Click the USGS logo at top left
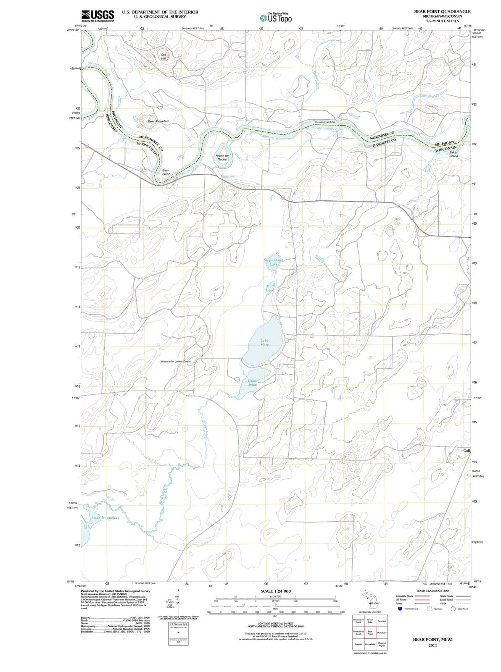point(98,15)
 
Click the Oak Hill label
point(163,57)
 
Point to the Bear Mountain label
point(158,121)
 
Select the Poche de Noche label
point(221,157)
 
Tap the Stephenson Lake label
point(274,262)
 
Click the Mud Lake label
point(270,288)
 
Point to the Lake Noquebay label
point(105,518)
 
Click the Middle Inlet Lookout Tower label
point(176,361)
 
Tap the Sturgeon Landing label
point(324,122)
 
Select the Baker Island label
point(453,154)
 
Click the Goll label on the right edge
point(467,451)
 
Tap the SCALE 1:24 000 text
point(275,591)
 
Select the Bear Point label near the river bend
point(166,172)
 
